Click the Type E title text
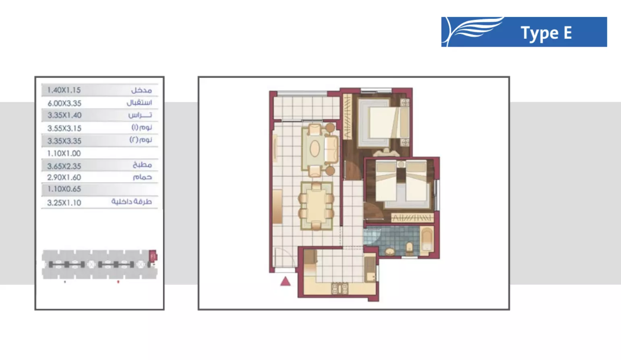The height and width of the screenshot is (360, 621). tap(546, 33)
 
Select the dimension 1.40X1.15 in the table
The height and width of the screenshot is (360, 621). tap(64, 90)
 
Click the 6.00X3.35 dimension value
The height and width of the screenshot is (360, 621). tap(64, 103)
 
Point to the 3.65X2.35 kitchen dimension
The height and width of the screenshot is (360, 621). tap(64, 166)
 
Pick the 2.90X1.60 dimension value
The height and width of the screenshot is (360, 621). tap(64, 178)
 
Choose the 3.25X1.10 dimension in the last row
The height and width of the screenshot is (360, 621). tap(64, 203)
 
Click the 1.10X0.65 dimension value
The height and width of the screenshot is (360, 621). tap(64, 189)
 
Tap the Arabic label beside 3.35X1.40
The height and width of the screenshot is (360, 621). tap(140, 115)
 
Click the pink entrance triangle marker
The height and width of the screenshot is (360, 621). tap(285, 281)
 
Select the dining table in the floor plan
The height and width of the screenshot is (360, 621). tap(316, 205)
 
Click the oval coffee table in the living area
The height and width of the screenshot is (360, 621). tap(315, 149)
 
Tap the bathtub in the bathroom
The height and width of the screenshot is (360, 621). tap(427, 240)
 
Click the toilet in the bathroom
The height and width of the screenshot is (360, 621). tap(409, 247)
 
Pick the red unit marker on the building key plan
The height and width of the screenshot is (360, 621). tap(153, 256)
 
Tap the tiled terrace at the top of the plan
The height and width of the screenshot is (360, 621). tap(306, 108)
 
